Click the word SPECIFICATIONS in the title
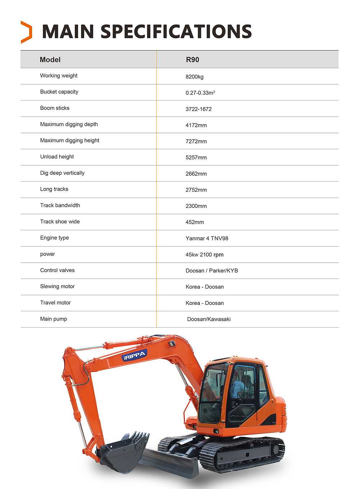[176, 32]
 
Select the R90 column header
[192, 60]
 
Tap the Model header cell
[50, 60]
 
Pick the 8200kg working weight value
[194, 77]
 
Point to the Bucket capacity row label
[59, 92]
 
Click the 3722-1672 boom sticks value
[198, 109]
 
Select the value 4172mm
[196, 125]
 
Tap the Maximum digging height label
[69, 141]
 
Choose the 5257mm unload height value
[196, 157]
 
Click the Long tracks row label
[54, 189]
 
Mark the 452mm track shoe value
[194, 222]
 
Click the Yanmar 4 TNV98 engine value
[207, 239]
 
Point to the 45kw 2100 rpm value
[204, 255]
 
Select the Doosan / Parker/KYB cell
[212, 271]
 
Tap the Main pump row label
[53, 319]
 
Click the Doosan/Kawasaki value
[209, 319]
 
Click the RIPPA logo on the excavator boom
[134, 356]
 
